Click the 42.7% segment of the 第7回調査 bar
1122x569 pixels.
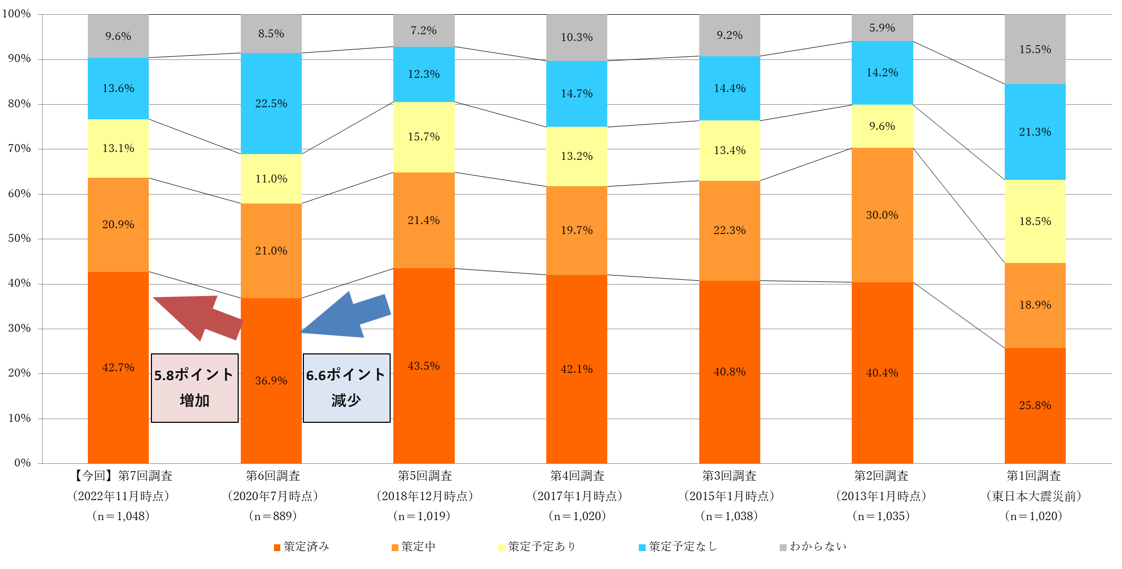pyautogui.click(x=118, y=367)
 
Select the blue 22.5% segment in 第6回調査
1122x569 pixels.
pyautogui.click(x=271, y=104)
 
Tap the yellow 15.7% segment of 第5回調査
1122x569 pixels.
pyautogui.click(x=424, y=137)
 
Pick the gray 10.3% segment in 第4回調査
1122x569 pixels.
pyautogui.click(x=577, y=37)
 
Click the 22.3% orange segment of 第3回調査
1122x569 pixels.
pyautogui.click(x=729, y=230)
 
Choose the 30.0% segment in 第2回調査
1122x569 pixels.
pyautogui.click(x=882, y=215)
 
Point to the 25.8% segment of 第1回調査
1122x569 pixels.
pyautogui.click(x=1035, y=405)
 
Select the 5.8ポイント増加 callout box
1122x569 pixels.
pyautogui.click(x=195, y=388)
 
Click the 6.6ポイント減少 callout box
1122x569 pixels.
pyautogui.click(x=346, y=388)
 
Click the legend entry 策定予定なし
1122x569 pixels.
pyautogui.click(x=678, y=547)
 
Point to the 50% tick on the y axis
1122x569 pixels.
pyautogui.click(x=19, y=239)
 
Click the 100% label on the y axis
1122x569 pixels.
pyautogui.click(x=17, y=14)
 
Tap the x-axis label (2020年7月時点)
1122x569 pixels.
pyautogui.click(x=273, y=496)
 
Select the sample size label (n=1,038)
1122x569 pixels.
pyautogui.click(x=729, y=516)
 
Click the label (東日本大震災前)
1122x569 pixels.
pyautogui.click(x=1034, y=496)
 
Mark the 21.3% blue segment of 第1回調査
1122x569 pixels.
pyautogui.click(x=1035, y=132)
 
